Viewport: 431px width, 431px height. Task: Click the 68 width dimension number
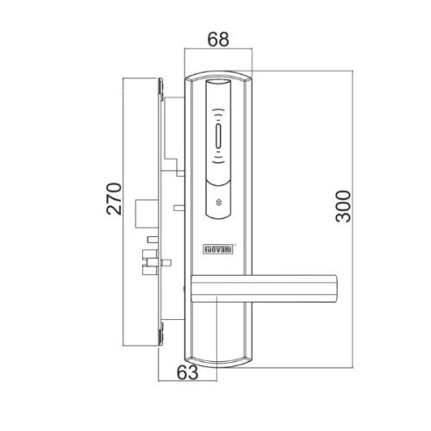coord(219,40)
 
